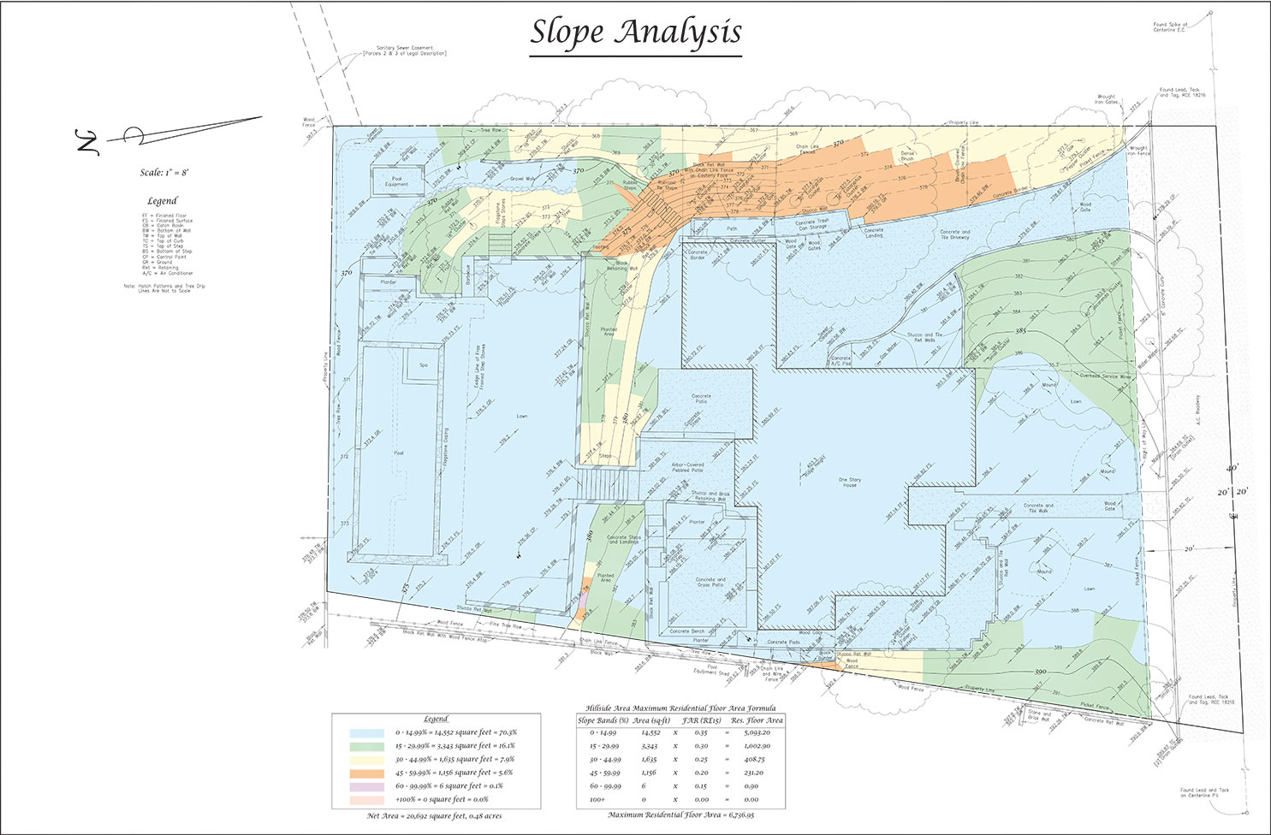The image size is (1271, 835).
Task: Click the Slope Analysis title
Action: [x=635, y=33]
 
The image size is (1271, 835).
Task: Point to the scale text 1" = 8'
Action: [x=164, y=173]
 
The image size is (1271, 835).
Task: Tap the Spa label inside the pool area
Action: [x=423, y=365]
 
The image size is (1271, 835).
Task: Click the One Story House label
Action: [x=849, y=483]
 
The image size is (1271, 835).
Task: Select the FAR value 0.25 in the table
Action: [x=701, y=759]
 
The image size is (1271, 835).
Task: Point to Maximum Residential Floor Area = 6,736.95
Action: [x=681, y=814]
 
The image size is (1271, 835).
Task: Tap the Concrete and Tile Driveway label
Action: [x=954, y=235]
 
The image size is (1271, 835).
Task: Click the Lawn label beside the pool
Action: [x=522, y=417]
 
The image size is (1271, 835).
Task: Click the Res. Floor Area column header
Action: [x=756, y=720]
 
